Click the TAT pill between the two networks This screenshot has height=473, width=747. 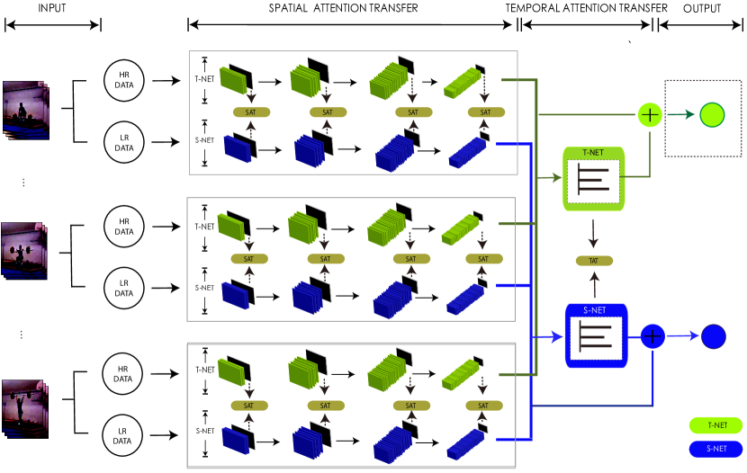click(594, 261)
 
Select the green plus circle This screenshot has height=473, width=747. click(649, 115)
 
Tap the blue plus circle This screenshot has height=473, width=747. click(652, 336)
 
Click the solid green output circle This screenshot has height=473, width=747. click(711, 115)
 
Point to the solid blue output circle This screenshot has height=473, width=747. click(713, 336)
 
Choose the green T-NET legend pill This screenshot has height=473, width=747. click(716, 425)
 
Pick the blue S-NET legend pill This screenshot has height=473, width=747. click(716, 448)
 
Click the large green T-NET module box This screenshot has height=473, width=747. click(594, 179)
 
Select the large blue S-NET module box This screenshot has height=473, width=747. click(595, 335)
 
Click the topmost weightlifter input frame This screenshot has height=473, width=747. click(24, 110)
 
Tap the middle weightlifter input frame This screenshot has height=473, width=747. click(24, 249)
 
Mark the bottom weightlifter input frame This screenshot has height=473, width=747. click(24, 407)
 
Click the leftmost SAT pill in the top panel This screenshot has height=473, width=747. click(251, 112)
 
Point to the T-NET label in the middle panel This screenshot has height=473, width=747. click(203, 228)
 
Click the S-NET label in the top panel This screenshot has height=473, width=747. click(204, 140)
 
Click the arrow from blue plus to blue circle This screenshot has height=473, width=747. click(683, 336)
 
